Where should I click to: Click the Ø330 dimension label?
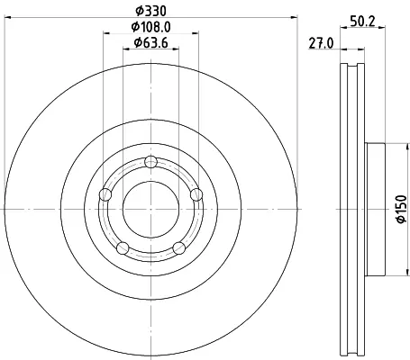click(x=150, y=11)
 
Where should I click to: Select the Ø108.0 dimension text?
click(x=150, y=27)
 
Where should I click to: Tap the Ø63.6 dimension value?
click(x=150, y=43)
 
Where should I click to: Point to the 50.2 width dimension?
click(x=362, y=22)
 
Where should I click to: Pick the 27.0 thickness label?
click(x=321, y=43)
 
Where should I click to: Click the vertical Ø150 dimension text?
click(x=401, y=209)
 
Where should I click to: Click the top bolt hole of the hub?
click(x=150, y=162)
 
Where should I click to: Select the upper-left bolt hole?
click(x=105, y=194)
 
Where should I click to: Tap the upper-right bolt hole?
click(x=196, y=194)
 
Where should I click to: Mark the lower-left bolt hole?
click(x=123, y=248)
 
